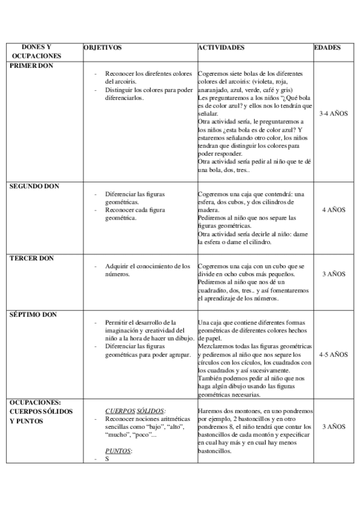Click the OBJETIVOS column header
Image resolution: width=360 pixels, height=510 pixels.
point(103,47)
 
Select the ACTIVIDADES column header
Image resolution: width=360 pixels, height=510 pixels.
point(221,47)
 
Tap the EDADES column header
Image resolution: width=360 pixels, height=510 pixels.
point(328,47)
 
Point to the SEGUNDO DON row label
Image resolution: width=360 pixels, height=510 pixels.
point(34,186)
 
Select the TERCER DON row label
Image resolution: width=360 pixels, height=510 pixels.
point(32,258)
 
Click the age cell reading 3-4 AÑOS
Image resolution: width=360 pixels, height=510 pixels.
point(334,113)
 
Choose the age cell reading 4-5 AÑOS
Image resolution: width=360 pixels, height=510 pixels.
point(334,355)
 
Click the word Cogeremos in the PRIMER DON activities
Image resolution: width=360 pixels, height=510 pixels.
point(212,74)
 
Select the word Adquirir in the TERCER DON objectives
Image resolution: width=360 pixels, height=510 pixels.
point(118,266)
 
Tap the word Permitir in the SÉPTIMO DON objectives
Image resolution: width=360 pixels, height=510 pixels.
point(117,322)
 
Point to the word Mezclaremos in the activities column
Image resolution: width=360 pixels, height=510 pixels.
point(218,347)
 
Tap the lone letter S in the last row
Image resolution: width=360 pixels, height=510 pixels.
point(107,459)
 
